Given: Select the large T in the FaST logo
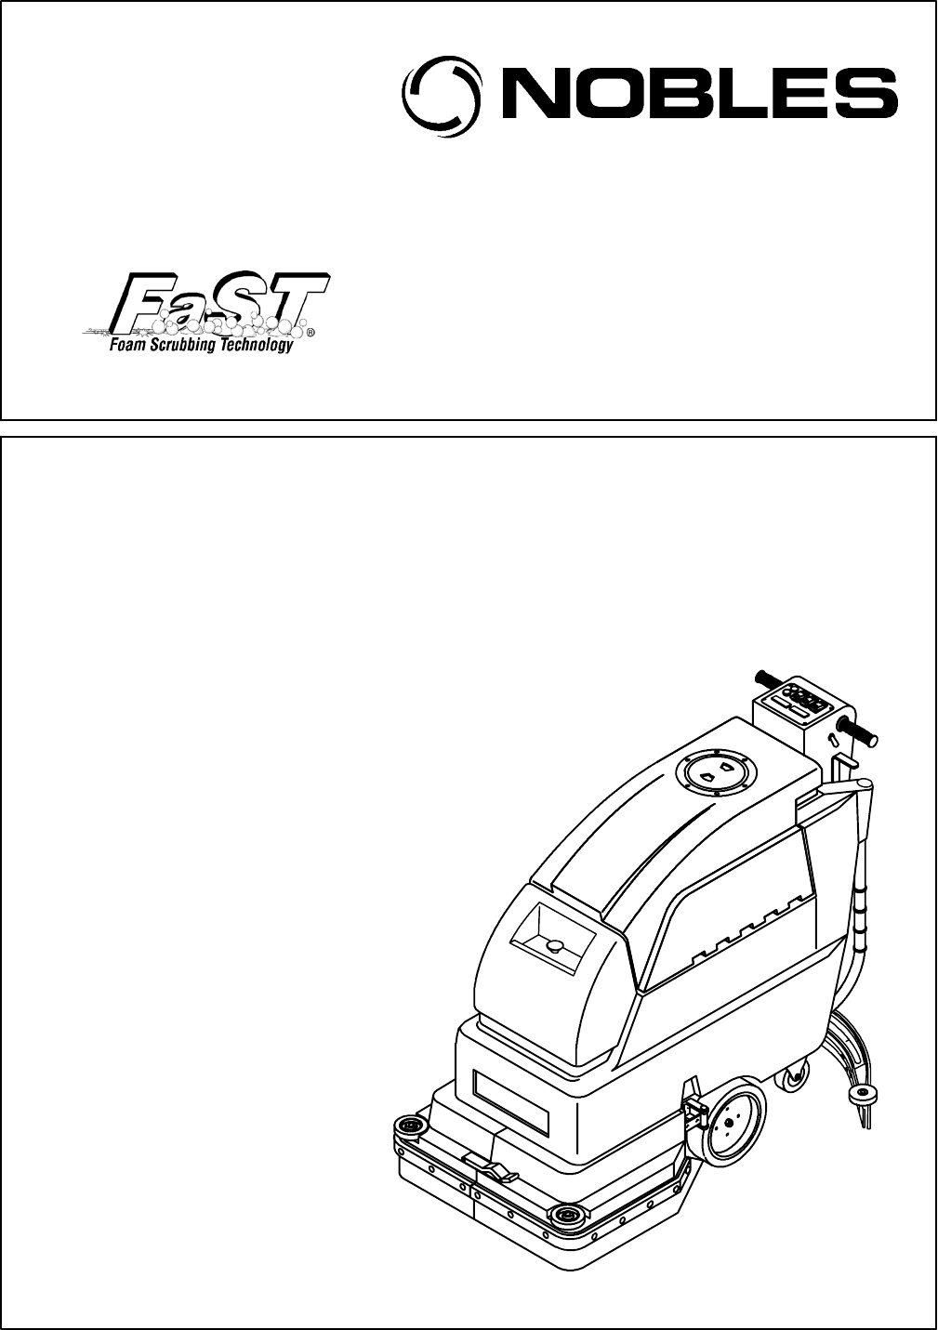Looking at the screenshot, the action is [292, 299].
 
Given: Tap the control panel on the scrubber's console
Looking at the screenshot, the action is [800, 703].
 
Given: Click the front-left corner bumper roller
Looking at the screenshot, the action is [410, 1126].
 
